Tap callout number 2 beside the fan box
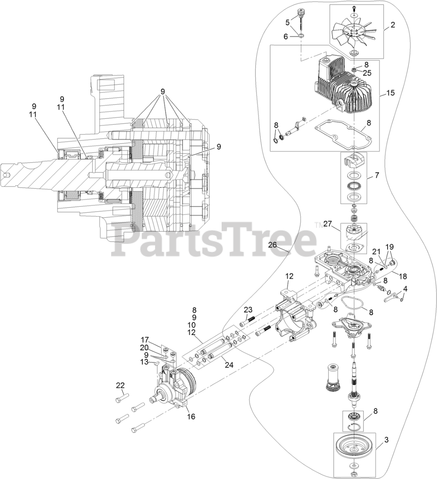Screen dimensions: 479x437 point(393,25)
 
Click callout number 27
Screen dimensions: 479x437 point(327,224)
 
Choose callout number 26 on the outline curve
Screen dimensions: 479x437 point(283,245)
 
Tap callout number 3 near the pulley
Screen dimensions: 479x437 point(387,440)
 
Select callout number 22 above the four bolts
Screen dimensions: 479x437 point(120,385)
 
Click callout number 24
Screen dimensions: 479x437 point(229,365)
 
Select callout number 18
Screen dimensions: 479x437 point(403,277)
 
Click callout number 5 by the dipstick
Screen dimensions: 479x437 point(287,22)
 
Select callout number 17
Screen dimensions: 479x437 point(145,340)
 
